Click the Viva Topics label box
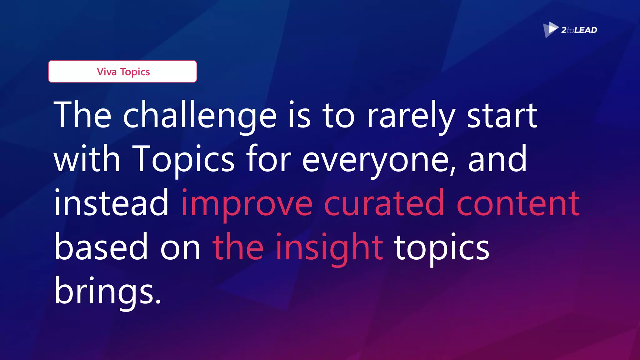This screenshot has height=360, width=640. (x=122, y=72)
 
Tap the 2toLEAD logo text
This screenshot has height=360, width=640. (x=579, y=30)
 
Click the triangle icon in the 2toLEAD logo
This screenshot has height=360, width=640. (x=550, y=29)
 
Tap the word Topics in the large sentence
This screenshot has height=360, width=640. (x=183, y=159)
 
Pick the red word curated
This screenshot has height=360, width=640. (x=384, y=203)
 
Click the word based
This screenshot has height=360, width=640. (x=101, y=247)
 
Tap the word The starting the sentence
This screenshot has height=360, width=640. (x=82, y=115)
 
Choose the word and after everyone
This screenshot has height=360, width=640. (x=497, y=159)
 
